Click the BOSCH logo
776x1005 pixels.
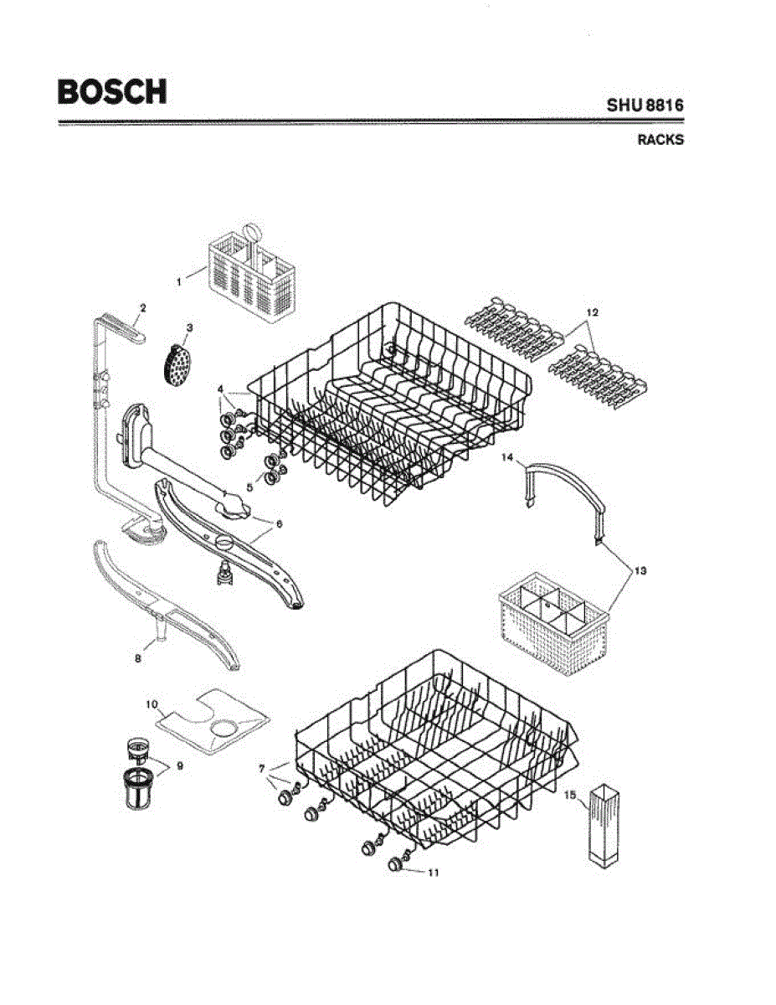[x=111, y=91]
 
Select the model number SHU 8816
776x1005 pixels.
[x=645, y=106]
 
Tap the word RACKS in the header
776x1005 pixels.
[x=660, y=140]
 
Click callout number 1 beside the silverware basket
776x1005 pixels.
[x=178, y=283]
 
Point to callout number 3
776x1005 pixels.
[x=189, y=327]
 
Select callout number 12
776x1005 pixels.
[x=592, y=312]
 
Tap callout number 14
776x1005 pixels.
[x=507, y=457]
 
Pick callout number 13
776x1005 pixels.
[x=640, y=571]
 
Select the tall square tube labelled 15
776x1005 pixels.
[x=605, y=824]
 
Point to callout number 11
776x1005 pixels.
[x=433, y=872]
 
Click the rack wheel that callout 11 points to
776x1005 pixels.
[x=393, y=864]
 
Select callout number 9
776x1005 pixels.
[x=179, y=765]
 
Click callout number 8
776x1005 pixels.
[x=138, y=658]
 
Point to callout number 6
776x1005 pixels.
[x=279, y=523]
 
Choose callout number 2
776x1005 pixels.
[x=142, y=308]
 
